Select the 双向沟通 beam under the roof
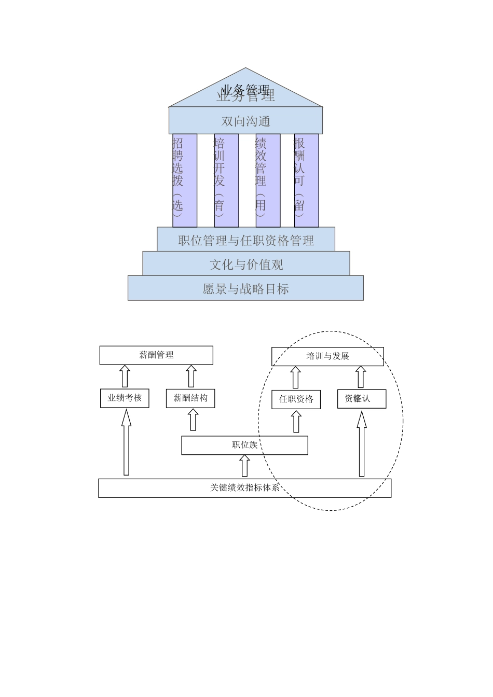coord(245,121)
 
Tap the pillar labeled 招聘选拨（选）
coord(185,180)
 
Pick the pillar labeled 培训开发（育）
coord(226,180)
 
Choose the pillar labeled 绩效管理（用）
coord(268,180)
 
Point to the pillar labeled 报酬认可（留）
coord(306,180)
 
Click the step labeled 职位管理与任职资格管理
coord(246,240)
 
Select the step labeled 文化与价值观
coord(246,264)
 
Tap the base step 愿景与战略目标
coord(245,288)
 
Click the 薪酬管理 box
coord(156,355)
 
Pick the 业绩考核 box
coord(125,398)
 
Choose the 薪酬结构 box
coord(190,398)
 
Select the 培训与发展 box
coord(327,356)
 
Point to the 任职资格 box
coord(296,399)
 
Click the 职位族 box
coord(244,445)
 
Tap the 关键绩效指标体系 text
coord(244,487)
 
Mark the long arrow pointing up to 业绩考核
coord(126,442)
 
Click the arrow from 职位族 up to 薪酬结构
coord(193,420)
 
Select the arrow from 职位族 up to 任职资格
coord(296,421)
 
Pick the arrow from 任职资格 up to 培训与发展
coord(296,377)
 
